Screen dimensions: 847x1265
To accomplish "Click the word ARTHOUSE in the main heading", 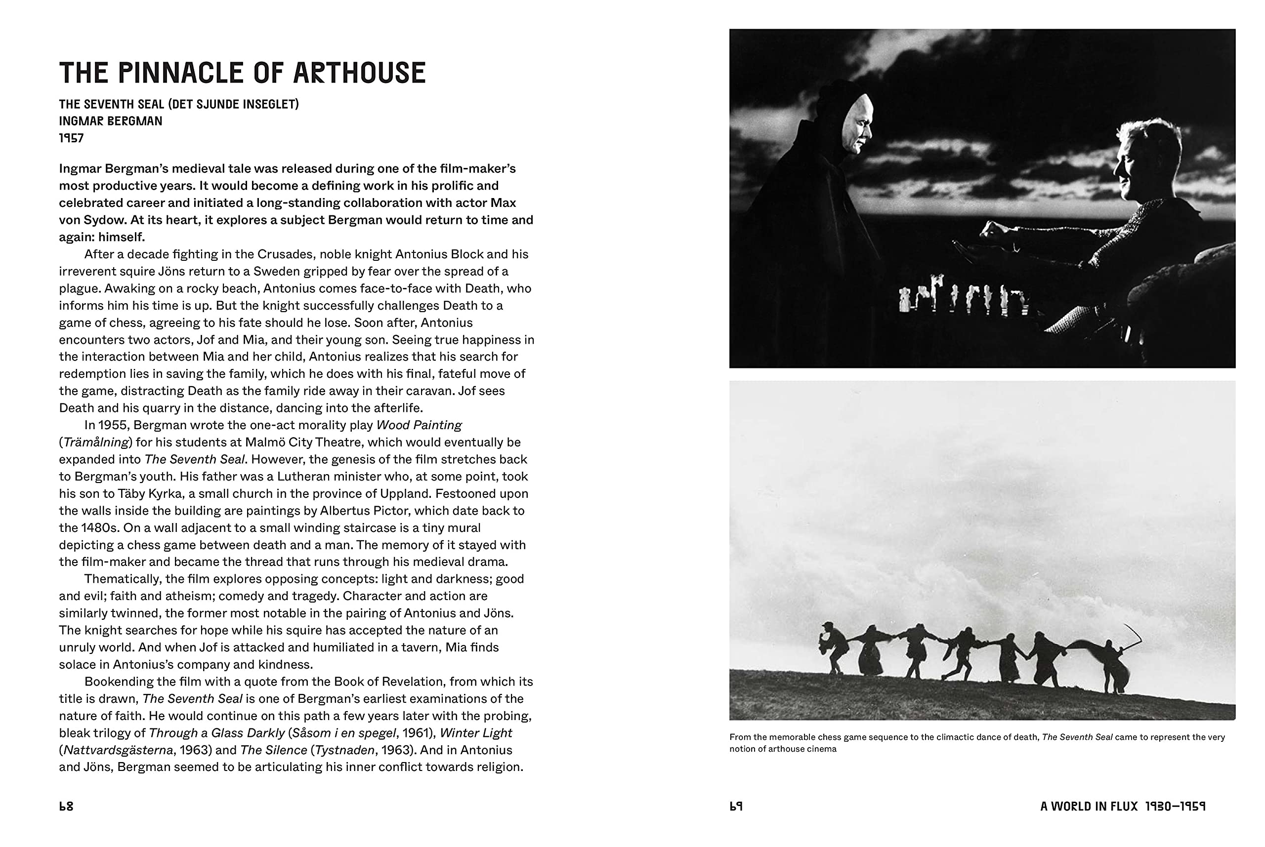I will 359,73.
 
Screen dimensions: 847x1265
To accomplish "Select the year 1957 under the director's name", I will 71,138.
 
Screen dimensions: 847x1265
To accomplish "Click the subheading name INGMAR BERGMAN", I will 110,121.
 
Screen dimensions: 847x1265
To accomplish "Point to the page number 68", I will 66,807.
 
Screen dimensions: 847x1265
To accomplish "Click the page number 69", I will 736,807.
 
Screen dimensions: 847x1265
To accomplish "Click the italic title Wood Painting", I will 419,425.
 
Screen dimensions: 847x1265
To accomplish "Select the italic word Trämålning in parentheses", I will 96,443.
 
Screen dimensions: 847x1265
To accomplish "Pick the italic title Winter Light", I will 475,733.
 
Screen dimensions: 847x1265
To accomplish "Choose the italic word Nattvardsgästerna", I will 118,750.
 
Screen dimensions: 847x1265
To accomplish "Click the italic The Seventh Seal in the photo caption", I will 1076,737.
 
